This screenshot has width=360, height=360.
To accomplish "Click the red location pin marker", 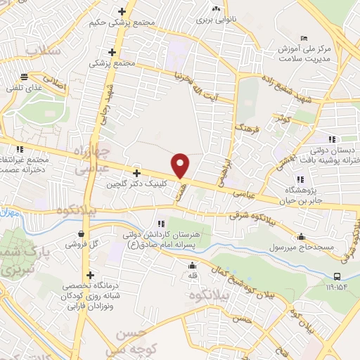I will (x=181, y=165).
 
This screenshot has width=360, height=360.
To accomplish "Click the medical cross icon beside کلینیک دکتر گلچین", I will (x=136, y=173).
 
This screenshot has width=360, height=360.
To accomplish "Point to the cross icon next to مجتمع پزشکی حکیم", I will (x=123, y=11).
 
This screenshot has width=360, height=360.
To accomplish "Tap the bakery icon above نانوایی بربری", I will (x=216, y=9).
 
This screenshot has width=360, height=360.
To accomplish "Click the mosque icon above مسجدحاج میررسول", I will (x=302, y=237).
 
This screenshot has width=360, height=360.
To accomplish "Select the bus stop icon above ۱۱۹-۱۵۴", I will (x=337, y=276).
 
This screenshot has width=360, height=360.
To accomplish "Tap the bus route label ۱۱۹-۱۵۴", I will (x=336, y=287).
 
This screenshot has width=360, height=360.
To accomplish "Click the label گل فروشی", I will (x=82, y=245).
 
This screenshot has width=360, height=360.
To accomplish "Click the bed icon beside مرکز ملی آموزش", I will (x=303, y=37).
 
